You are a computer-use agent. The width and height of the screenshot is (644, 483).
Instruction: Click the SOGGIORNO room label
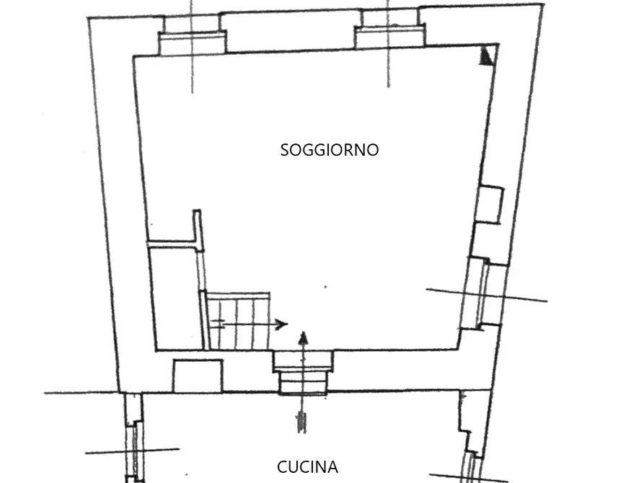tap(329, 150)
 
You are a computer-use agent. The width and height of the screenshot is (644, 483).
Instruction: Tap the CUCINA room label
tap(307, 467)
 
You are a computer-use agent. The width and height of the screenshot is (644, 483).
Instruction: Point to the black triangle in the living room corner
tap(488, 56)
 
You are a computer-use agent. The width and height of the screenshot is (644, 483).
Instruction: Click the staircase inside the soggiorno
tap(238, 320)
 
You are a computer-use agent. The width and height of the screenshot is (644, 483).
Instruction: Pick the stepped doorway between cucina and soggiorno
tap(303, 372)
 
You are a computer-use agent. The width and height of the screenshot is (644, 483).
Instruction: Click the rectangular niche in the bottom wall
tap(197, 376)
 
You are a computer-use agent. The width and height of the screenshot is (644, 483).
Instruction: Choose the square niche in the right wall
tap(489, 204)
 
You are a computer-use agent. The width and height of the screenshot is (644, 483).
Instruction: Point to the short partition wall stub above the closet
tap(198, 229)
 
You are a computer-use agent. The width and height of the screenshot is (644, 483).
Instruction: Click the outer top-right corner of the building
tap(542, 4)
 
